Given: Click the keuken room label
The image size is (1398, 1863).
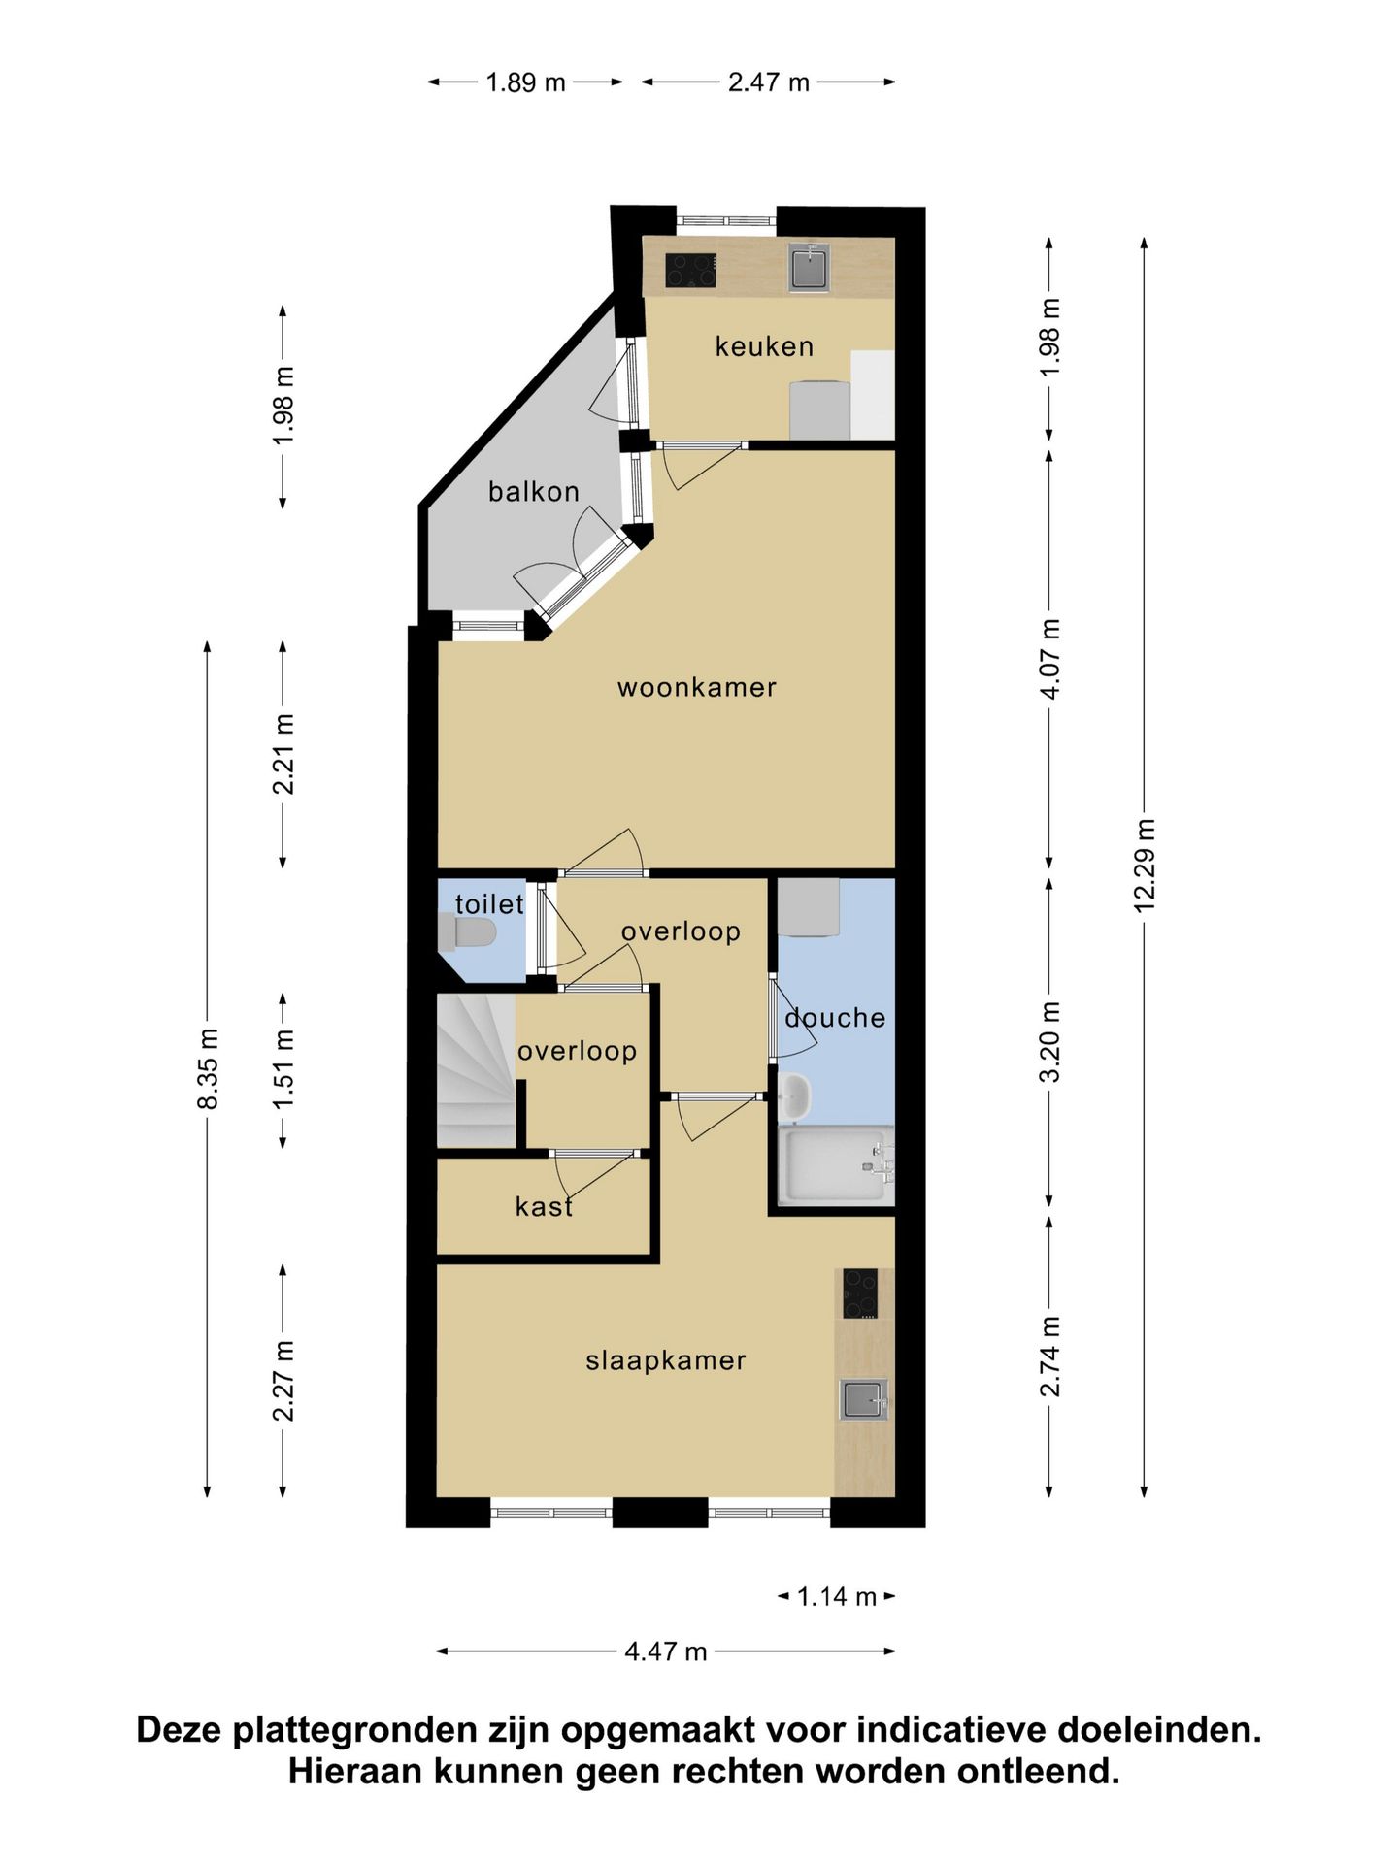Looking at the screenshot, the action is pos(764,346).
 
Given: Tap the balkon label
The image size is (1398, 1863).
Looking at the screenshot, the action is pos(534,492).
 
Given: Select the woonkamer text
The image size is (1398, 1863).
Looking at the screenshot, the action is pos(697,688).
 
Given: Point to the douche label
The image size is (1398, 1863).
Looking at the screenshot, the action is pos(835,1018).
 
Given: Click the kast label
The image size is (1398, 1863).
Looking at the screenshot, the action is pos(544,1206).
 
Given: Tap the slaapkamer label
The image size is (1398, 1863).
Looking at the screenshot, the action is pos(666,1360).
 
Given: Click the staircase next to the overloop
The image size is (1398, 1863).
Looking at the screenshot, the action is pos(476,1071).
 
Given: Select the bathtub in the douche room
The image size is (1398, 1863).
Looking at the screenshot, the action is pos(836,1165).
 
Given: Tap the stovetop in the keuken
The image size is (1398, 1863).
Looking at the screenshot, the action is pos(690,270).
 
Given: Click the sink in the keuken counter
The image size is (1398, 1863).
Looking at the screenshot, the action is pos(810,266).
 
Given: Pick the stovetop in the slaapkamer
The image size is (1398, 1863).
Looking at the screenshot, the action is pos(860,1293).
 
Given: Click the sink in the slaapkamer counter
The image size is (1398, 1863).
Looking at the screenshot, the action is pos(863,1399).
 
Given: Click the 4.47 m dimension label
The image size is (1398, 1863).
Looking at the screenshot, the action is pos(665,1651).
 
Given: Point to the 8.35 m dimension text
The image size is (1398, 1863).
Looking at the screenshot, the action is pos(207,1067).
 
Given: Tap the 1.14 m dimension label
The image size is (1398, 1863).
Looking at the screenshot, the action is pos(837,1596).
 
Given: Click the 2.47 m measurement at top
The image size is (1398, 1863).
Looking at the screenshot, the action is pos(769,82).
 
